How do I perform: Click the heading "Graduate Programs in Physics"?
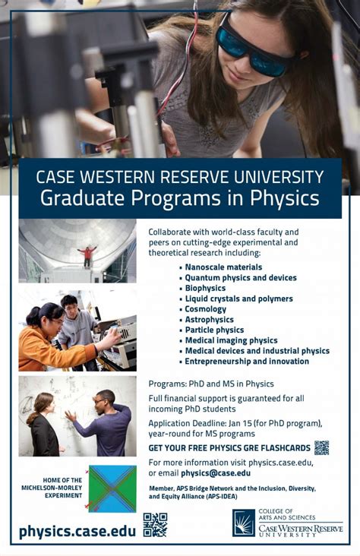tap(179, 199)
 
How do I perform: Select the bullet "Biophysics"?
tap(205, 289)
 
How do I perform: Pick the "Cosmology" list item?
tap(205, 309)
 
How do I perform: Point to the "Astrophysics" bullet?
tap(209, 320)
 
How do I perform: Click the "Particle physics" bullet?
tap(214, 330)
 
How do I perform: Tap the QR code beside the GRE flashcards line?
tap(321, 447)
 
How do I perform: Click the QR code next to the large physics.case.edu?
tap(155, 525)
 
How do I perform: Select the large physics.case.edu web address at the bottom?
tap(77, 530)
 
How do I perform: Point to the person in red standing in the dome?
tap(87, 255)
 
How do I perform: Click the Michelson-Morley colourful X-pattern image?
tap(112, 488)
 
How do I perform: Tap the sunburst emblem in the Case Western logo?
tap(244, 523)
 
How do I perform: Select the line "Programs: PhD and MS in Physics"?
tap(211, 384)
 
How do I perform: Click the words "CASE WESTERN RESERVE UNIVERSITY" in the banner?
tap(179, 177)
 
